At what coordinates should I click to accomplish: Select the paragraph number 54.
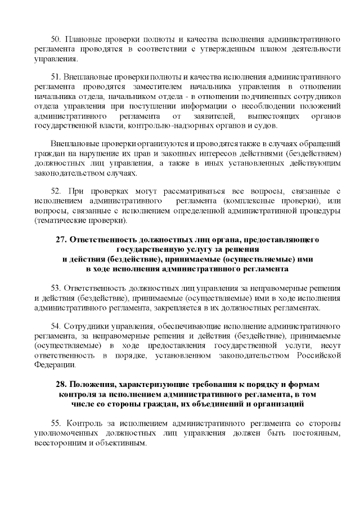56,326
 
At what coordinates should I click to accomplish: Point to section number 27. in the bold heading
62,240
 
